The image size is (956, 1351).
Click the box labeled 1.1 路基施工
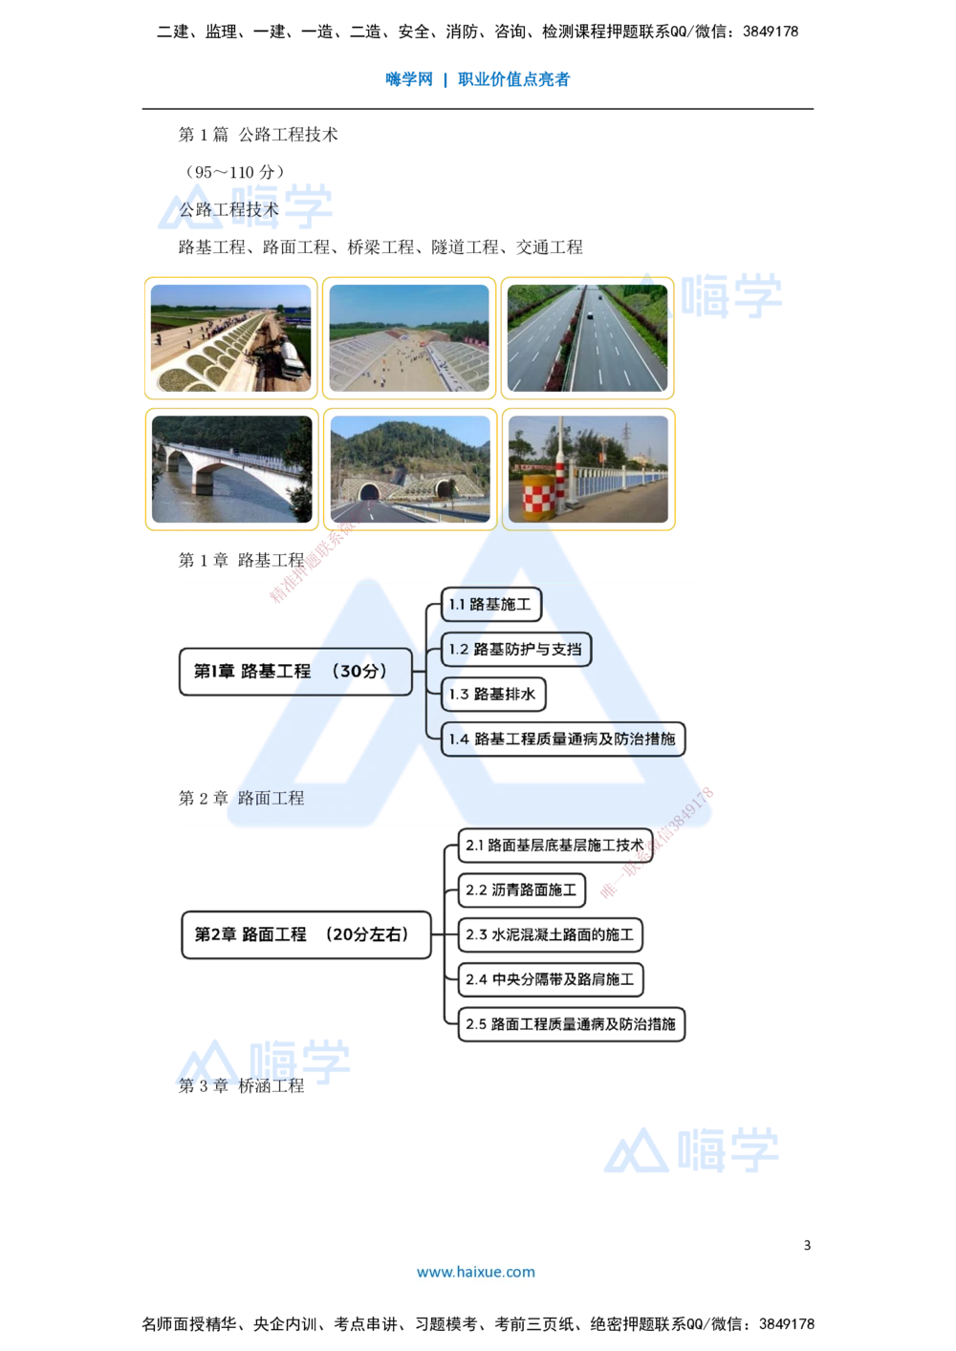(489, 605)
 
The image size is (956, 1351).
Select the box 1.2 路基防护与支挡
(516, 650)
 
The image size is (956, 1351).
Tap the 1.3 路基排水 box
(494, 695)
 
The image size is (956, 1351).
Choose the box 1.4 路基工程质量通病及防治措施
(563, 740)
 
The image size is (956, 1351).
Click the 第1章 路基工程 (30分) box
(296, 672)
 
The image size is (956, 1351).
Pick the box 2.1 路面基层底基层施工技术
(555, 846)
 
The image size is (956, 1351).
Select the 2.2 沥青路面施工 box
(522, 890)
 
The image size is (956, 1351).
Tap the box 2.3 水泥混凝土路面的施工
(551, 935)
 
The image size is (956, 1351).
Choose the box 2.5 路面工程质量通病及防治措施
(572, 1024)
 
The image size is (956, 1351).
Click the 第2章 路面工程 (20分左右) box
(305, 934)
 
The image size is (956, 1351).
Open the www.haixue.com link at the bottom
(476, 1272)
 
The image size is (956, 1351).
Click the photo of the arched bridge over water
(230, 470)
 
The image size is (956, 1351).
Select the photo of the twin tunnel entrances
(409, 470)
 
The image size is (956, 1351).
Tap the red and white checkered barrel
(540, 497)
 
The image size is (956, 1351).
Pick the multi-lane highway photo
(588, 338)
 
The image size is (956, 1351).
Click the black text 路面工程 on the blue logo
(272, 798)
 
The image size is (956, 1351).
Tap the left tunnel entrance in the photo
(368, 492)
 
